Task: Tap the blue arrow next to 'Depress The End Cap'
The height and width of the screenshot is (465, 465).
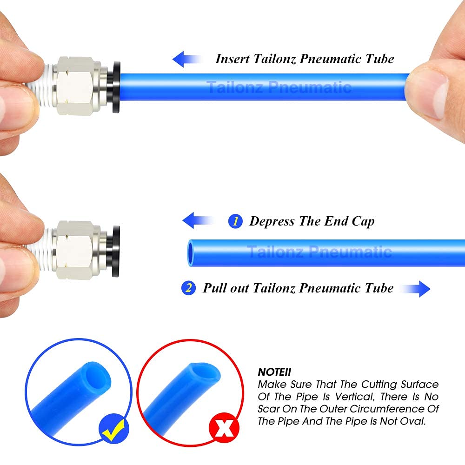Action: click(195, 220)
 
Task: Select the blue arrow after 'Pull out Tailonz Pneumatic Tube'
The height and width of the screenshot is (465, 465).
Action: click(417, 288)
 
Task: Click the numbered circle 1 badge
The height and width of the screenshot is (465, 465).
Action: click(235, 221)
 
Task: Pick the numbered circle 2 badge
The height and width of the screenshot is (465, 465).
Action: click(188, 288)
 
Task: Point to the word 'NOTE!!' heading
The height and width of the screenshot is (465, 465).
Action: click(274, 372)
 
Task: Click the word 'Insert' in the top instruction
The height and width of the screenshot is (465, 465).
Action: click(232, 59)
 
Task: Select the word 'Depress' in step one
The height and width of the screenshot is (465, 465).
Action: click(272, 221)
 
